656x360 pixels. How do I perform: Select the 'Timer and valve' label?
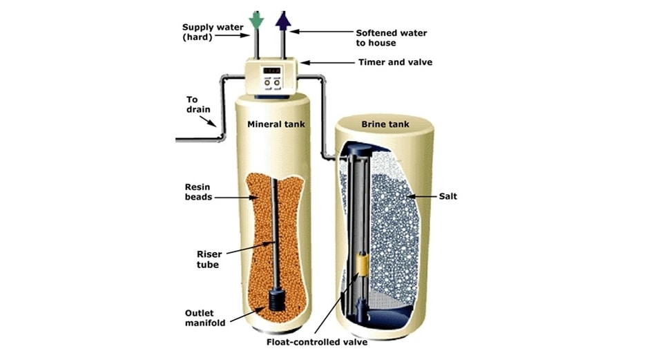coord(395,62)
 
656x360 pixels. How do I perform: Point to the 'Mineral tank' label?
coord(276,124)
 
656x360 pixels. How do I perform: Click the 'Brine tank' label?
coord(385,124)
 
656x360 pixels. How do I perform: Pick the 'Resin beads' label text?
coord(197,191)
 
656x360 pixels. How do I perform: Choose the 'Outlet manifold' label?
coord(204,317)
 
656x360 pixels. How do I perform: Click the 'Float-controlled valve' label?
coord(318,341)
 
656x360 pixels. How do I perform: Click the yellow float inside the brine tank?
coord(360,266)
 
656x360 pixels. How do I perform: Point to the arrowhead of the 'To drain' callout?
coord(215,126)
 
